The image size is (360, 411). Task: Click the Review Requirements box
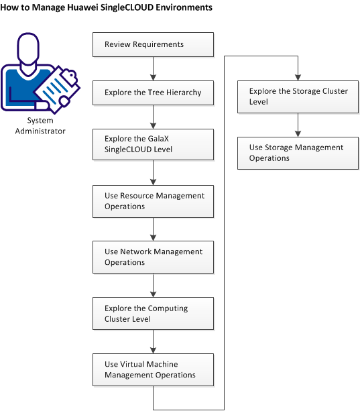point(153,45)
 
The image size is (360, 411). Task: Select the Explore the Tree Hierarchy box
point(153,93)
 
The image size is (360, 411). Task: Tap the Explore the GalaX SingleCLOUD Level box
point(153,144)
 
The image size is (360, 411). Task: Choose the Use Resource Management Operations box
point(153,201)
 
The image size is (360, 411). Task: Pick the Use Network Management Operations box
point(153,257)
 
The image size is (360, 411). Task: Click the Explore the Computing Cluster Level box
point(153,314)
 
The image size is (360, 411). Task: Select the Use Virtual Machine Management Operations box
point(153,369)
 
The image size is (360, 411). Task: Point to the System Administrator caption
point(41,125)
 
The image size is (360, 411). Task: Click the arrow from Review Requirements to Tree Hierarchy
point(154,68)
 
